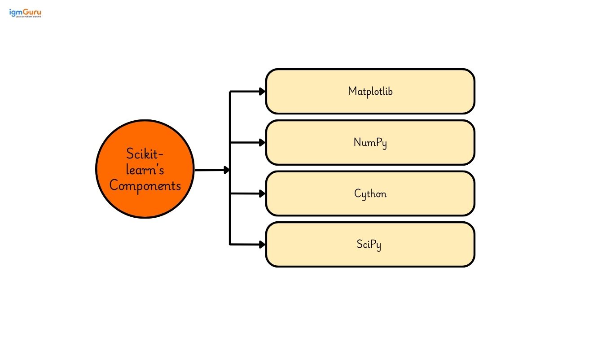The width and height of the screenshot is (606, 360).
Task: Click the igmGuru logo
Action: click(x=25, y=13)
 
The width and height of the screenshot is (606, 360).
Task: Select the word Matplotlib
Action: click(x=370, y=91)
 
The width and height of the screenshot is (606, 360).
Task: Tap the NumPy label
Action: click(x=370, y=143)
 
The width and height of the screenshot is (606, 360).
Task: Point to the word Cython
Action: click(x=370, y=194)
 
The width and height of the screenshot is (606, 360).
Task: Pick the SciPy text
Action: click(x=369, y=245)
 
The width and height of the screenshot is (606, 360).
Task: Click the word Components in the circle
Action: click(x=145, y=185)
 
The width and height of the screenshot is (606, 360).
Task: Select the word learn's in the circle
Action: click(x=145, y=170)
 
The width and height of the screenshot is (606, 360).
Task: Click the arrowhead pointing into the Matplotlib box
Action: click(x=262, y=92)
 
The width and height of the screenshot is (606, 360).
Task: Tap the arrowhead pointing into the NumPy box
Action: click(x=262, y=143)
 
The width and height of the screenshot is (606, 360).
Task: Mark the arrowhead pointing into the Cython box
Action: click(x=262, y=193)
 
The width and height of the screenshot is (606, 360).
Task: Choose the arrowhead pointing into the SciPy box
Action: click(x=262, y=245)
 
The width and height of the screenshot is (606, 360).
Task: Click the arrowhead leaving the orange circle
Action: click(x=227, y=170)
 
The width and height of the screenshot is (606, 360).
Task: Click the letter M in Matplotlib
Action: click(x=352, y=91)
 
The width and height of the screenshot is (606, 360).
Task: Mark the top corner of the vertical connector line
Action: click(x=230, y=92)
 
